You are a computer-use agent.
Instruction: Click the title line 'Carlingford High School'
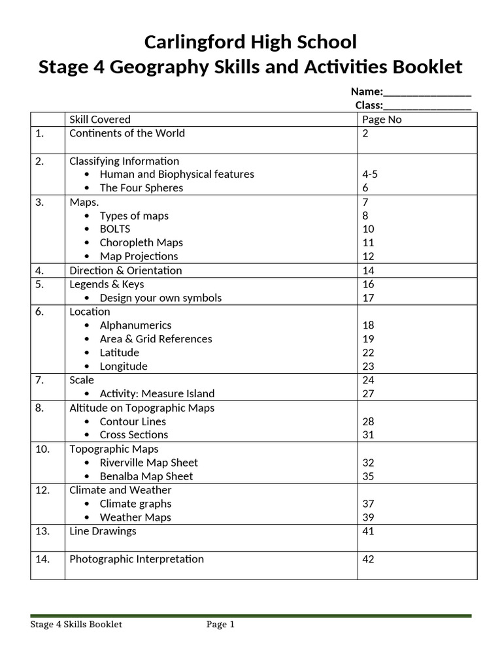point(250,42)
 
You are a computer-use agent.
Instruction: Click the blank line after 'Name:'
point(427,92)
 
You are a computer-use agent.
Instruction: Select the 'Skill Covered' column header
point(100,120)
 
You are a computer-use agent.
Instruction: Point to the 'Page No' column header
point(382,120)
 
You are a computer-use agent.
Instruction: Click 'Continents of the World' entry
point(127,133)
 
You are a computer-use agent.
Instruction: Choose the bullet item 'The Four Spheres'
point(141,188)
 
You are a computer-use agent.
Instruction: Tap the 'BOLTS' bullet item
point(115,229)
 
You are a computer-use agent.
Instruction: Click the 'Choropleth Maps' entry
point(141,243)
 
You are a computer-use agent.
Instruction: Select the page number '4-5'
point(370,174)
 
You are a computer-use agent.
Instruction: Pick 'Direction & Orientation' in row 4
point(125,270)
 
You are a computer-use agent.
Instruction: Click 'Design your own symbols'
point(160,298)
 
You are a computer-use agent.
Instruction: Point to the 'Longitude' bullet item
point(124,367)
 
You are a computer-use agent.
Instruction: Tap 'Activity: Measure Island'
point(157,394)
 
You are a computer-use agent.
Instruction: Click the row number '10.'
point(42,449)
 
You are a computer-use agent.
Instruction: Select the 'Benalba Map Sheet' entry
point(146,476)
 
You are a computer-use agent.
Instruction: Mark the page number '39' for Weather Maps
point(368,517)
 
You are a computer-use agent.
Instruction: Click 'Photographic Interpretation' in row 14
point(137,559)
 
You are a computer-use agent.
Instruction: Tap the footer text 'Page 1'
point(220,625)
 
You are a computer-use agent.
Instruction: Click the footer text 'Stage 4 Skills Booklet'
point(76,625)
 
